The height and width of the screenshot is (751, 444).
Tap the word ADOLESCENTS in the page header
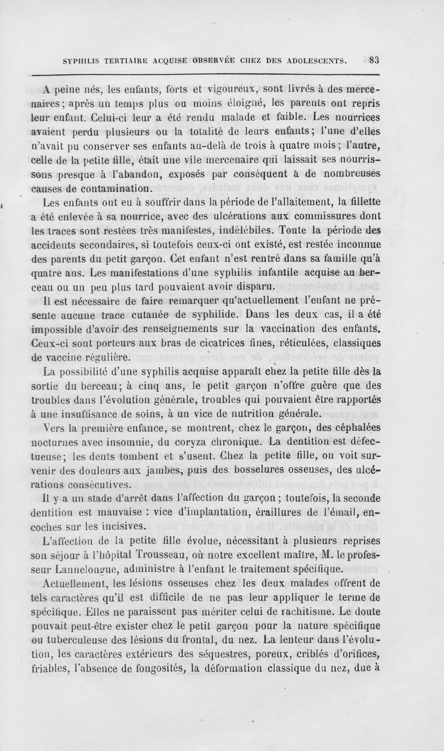(314, 60)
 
